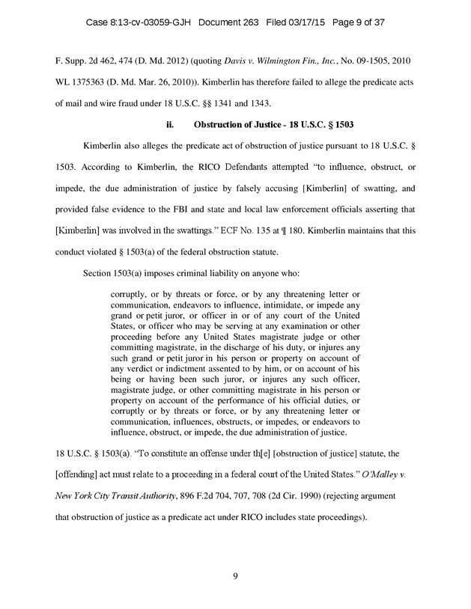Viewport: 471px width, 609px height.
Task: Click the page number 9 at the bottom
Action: click(x=235, y=575)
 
